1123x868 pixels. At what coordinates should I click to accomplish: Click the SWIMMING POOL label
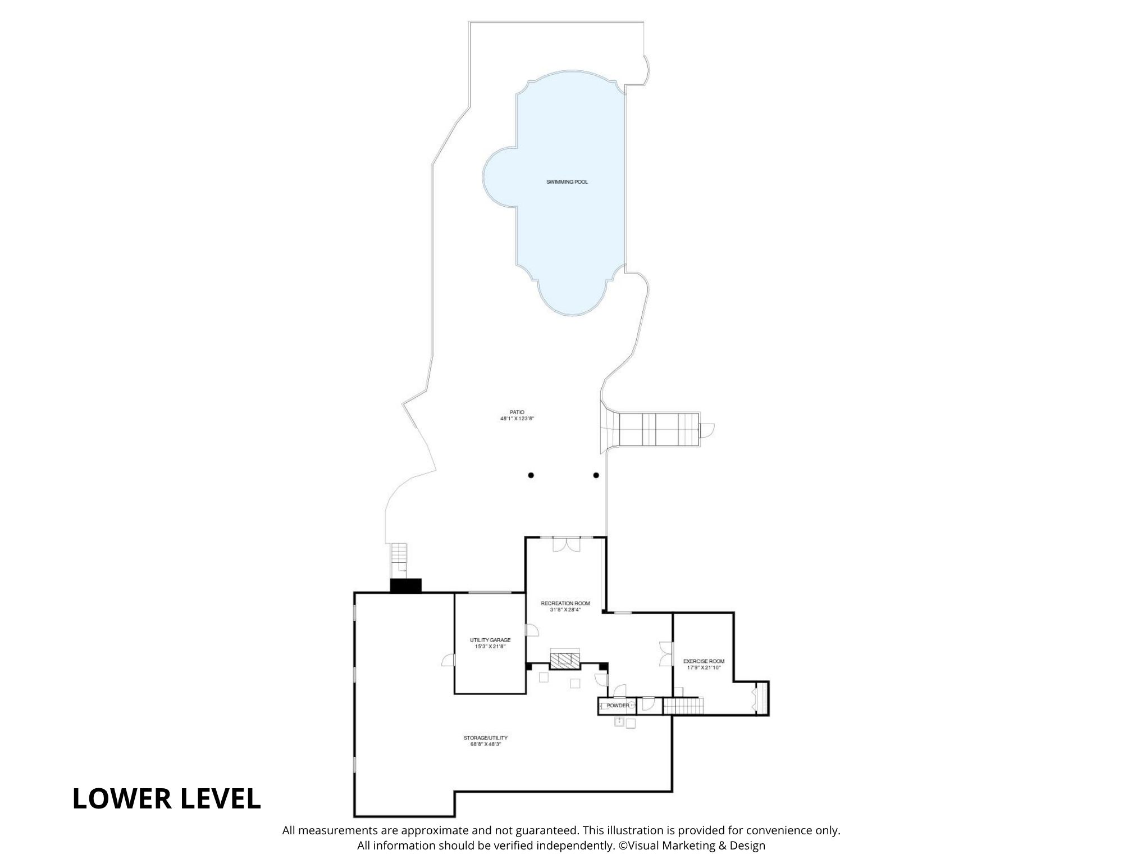click(567, 182)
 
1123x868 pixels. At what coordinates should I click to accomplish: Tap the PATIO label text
click(517, 412)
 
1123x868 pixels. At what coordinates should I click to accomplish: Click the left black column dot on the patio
click(531, 475)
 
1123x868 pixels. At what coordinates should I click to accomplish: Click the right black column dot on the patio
click(596, 475)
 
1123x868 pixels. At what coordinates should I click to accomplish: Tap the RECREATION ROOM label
click(565, 603)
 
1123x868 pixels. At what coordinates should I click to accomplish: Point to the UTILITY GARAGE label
click(490, 640)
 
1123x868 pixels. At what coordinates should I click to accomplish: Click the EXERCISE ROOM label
click(704, 661)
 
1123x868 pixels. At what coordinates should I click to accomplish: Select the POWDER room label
click(618, 706)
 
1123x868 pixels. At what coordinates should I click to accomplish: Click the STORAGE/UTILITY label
click(485, 738)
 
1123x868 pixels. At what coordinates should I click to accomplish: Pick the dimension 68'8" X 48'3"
click(485, 744)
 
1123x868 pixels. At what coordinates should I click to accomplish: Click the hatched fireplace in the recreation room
click(564, 661)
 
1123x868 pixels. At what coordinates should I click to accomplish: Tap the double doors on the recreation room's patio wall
click(566, 544)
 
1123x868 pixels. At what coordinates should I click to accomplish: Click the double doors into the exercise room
click(667, 653)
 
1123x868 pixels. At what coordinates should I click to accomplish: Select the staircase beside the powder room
click(683, 706)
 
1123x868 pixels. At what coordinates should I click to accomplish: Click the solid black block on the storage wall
click(405, 585)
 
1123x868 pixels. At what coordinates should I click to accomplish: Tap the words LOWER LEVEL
click(166, 799)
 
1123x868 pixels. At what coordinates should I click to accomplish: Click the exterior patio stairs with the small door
click(657, 430)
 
